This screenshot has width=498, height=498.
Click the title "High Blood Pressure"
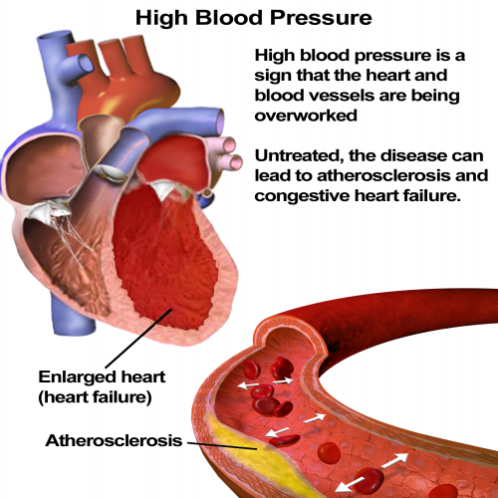pyautogui.click(x=254, y=18)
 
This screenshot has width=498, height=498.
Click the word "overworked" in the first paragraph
pyautogui.click(x=306, y=116)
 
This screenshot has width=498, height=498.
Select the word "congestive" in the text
pyautogui.click(x=303, y=196)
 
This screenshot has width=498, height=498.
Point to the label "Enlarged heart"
pyautogui.click(x=102, y=377)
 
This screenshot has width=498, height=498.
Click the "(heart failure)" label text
pyautogui.click(x=96, y=397)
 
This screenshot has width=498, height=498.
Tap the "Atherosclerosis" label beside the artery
pyautogui.click(x=114, y=440)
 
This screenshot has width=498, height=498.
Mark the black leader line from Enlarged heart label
pyautogui.click(x=138, y=338)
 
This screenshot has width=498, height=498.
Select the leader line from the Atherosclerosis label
pyautogui.click(x=222, y=445)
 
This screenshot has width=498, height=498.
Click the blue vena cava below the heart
pyautogui.click(x=72, y=315)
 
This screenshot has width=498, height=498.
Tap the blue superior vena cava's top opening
pyautogui.click(x=54, y=35)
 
